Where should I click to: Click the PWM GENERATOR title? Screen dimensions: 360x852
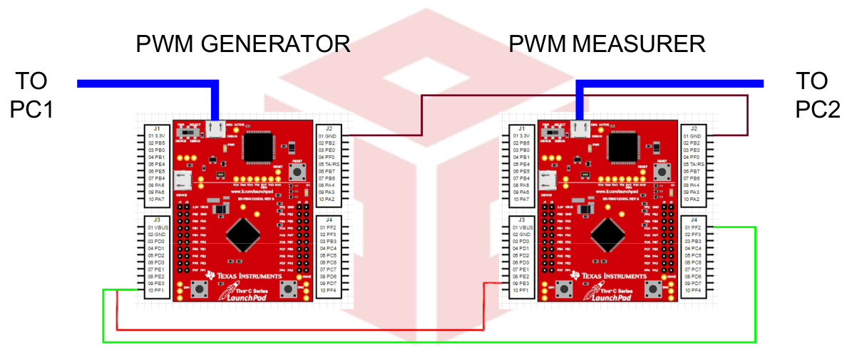tap(242, 44)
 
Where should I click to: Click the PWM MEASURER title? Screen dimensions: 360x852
tap(607, 44)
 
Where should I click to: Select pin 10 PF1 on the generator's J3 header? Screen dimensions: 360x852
tap(157, 291)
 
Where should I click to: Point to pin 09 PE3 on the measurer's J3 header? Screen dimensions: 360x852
tap(523, 284)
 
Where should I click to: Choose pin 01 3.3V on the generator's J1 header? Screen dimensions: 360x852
tap(157, 135)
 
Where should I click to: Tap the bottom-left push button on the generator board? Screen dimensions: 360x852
tap(202, 288)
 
